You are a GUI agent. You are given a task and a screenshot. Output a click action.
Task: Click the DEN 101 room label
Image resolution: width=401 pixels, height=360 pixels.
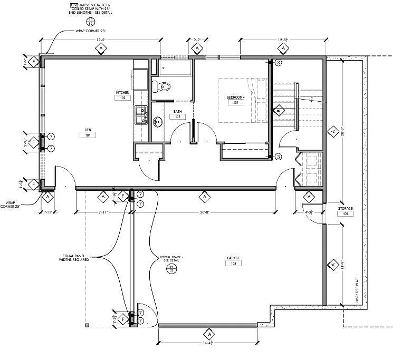[88, 132]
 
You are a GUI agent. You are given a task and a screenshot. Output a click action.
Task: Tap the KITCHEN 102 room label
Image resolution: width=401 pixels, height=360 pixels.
[122, 95]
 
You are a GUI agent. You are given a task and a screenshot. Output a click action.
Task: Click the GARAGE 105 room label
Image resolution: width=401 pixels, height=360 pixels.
[234, 261]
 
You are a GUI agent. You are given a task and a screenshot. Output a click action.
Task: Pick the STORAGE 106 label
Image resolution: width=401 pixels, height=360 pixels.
[346, 211]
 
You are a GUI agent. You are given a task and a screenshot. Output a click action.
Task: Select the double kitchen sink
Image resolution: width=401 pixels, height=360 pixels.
[140, 115]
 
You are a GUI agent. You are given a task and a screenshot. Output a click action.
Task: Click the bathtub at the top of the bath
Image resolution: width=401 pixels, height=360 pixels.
[176, 68]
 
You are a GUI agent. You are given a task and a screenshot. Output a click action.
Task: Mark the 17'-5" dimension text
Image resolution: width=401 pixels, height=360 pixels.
[101, 39]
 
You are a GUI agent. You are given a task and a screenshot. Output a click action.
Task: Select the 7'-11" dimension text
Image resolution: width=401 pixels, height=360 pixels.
[103, 212]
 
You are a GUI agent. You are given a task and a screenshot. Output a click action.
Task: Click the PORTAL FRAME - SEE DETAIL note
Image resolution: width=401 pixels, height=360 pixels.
[171, 260]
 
